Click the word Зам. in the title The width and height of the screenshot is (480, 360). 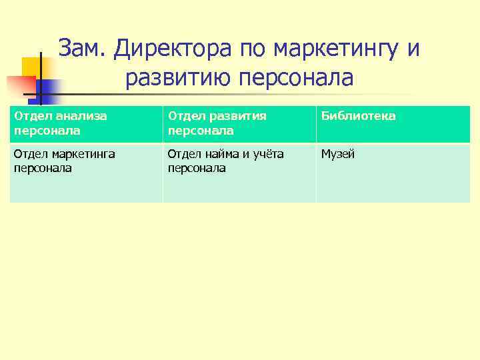pos(83,49)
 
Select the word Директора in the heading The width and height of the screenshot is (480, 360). pos(170,49)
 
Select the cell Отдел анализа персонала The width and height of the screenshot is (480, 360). pos(86,124)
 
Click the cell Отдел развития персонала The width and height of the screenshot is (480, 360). pos(239,124)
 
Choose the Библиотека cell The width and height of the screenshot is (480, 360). pos(393,124)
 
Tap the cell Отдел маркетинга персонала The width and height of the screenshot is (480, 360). pos(86,173)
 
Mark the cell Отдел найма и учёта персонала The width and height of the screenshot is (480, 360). pos(239,173)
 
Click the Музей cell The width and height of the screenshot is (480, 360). pos(393,173)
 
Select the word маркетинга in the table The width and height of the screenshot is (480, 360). pos(80,155)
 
